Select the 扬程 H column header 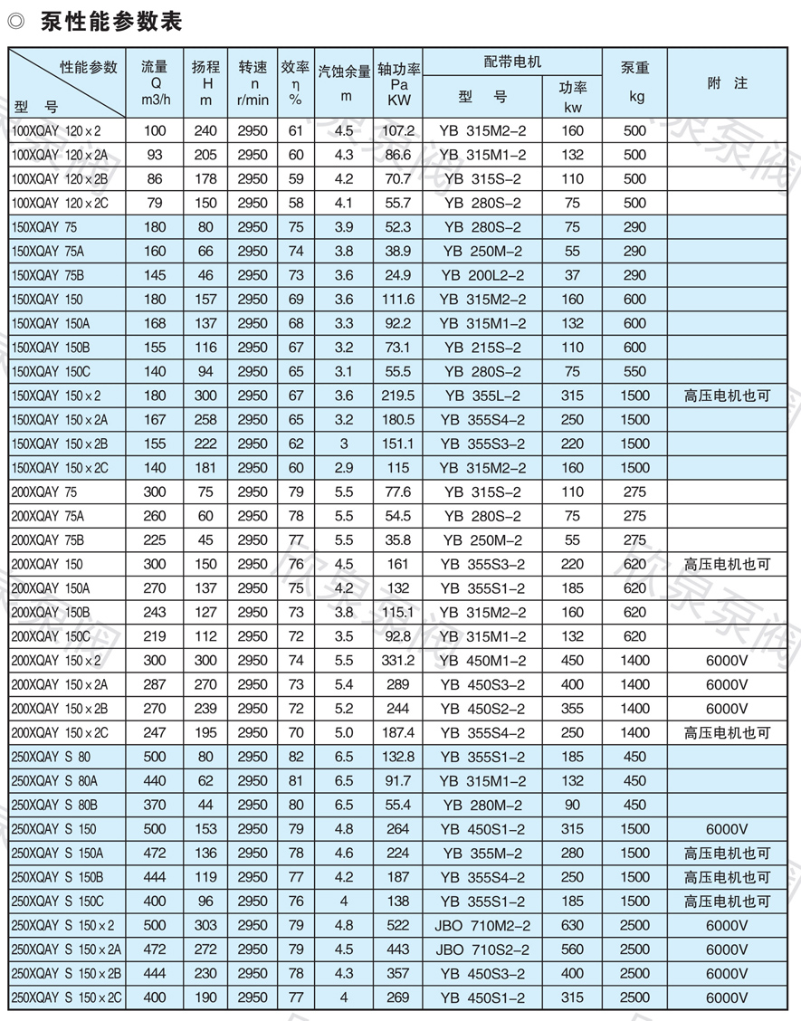pos(205,83)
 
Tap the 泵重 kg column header pos(635,83)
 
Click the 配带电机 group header pos(512,62)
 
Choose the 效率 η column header pos(295,83)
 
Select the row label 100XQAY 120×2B pos(60,179)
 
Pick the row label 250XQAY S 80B pos(54,805)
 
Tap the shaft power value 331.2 pos(398,661)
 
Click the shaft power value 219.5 pos(398,396)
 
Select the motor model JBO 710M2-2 pos(482,925)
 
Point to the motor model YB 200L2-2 pos(482,275)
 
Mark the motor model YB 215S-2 pos(482,348)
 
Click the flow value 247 pos(155,732)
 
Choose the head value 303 pos(205,925)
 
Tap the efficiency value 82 pos(295,757)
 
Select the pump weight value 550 pos(635,372)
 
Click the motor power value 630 pos(572,925)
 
